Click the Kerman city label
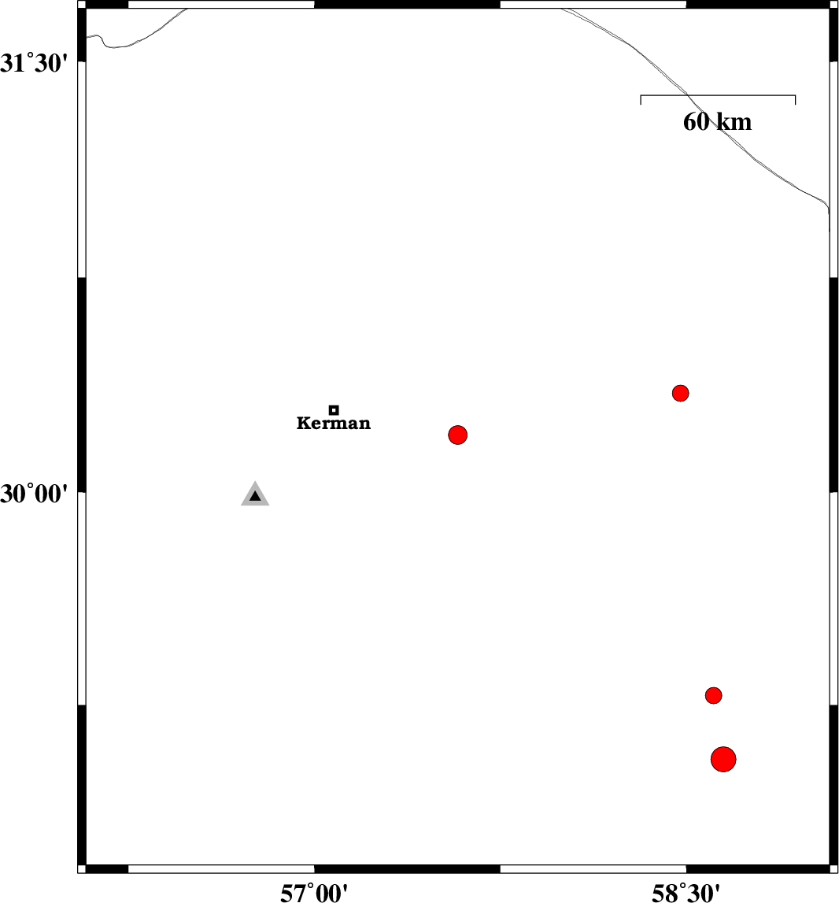tap(334, 424)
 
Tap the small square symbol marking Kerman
tap(334, 410)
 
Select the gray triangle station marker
tap(255, 494)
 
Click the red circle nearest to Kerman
tap(457, 435)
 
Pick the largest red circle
tap(723, 759)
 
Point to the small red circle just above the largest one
tap(714, 696)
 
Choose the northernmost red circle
tap(681, 394)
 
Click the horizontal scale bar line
tap(718, 95)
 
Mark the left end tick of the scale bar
tap(641, 100)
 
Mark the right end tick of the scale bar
tap(795, 100)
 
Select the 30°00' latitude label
tap(34, 494)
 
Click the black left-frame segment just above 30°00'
tap(82, 385)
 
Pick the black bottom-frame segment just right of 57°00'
tap(407, 868)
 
